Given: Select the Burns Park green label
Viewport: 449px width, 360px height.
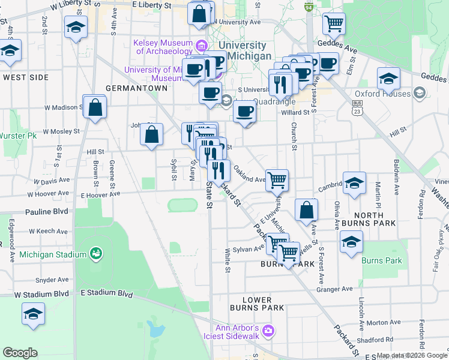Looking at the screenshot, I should pyautogui.click(x=381, y=260).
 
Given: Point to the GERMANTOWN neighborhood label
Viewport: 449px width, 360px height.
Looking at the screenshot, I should pyautogui.click(x=136, y=88).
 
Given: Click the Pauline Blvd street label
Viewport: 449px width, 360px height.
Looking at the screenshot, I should pyautogui.click(x=48, y=212).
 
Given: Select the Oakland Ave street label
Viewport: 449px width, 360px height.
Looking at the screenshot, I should pyautogui.click(x=249, y=176).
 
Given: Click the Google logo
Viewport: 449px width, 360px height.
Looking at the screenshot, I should pyautogui.click(x=20, y=353).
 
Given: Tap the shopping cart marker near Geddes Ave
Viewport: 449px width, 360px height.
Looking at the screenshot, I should pyautogui.click(x=334, y=24).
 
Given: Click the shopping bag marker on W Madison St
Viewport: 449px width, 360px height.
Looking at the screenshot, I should pyautogui.click(x=95, y=108).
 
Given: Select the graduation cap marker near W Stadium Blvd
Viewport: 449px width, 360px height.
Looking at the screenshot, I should pyautogui.click(x=33, y=314).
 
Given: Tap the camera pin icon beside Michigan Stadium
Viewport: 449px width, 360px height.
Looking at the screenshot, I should pyautogui.click(x=95, y=254).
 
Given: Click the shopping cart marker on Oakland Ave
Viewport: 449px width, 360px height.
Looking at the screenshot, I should pyautogui.click(x=277, y=179).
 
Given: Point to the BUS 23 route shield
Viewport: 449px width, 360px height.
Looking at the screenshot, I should pyautogui.click(x=357, y=107).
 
